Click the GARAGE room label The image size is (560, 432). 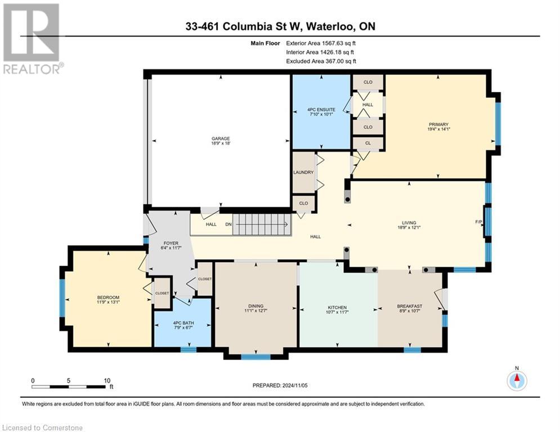[x=221, y=138]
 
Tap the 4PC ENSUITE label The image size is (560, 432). [x=322, y=110]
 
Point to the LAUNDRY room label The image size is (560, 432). [x=303, y=172]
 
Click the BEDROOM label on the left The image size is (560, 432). [x=108, y=298]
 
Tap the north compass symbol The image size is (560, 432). [x=516, y=381]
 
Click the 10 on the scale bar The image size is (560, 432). [x=107, y=380]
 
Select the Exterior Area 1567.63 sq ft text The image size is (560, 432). [x=321, y=42]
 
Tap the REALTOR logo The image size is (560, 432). [x=33, y=39]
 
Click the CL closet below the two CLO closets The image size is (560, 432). [x=368, y=143]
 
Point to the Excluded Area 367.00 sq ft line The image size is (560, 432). [x=321, y=61]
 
